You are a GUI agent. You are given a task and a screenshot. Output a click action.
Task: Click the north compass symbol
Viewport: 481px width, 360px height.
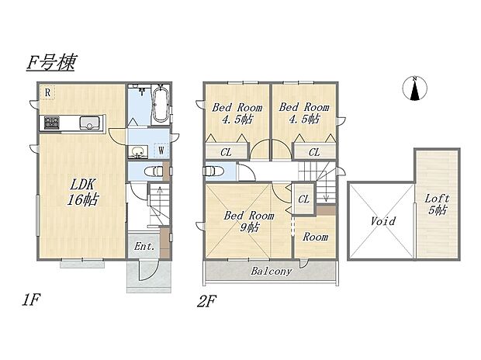[415, 88]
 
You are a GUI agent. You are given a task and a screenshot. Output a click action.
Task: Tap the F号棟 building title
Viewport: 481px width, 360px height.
[50, 63]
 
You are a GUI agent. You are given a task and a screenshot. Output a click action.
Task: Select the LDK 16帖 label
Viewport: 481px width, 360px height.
[82, 192]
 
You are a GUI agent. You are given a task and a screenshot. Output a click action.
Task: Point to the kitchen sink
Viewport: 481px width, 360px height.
[89, 123]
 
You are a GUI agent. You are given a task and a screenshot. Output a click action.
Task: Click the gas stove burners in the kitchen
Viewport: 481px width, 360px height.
[51, 123]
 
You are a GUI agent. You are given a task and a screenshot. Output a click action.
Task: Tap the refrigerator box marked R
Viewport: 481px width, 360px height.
[47, 92]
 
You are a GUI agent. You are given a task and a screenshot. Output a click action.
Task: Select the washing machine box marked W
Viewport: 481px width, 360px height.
[161, 151]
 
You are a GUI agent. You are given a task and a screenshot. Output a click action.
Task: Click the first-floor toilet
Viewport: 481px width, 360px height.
[154, 171]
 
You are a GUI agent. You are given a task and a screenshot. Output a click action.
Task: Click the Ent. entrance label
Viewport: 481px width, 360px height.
[144, 246]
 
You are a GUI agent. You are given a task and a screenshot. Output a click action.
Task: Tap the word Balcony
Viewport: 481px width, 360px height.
[272, 272]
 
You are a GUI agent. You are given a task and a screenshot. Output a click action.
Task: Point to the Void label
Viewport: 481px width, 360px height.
[383, 220]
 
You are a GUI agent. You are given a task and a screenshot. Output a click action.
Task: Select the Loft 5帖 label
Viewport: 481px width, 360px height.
[437, 204]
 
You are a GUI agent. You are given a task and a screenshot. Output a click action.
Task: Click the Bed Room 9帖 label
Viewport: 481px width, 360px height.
[249, 221]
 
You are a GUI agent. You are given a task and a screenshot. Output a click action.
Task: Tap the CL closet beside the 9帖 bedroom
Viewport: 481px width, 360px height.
[303, 199]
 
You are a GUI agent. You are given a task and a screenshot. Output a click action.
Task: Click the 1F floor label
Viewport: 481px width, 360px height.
[31, 299]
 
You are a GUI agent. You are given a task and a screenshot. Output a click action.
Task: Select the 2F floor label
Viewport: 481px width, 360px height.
[207, 301]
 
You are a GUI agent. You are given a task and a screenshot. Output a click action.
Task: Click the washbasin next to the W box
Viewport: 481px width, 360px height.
[138, 151]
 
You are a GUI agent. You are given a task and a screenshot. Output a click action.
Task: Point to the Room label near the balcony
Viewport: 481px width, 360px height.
[315, 237]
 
